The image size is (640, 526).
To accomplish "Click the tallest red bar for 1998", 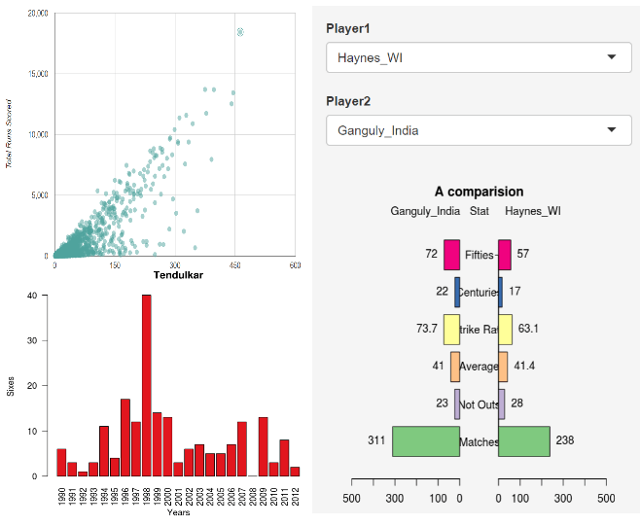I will (x=147, y=385).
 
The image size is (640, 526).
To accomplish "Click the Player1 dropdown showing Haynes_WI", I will (x=478, y=57).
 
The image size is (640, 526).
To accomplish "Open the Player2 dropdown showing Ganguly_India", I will (x=478, y=129).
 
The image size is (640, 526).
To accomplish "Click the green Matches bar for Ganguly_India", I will (x=426, y=441).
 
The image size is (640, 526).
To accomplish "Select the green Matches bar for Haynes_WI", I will (x=524, y=441).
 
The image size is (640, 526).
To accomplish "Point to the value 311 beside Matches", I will (x=374, y=441).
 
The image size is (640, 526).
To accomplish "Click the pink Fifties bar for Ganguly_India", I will (x=451, y=254).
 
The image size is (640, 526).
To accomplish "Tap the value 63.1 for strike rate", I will (x=529, y=329).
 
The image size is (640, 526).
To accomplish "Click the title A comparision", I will (x=479, y=192).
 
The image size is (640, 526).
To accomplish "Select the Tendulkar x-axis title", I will (x=174, y=276).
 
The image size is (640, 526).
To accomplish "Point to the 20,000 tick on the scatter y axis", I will (x=38, y=14).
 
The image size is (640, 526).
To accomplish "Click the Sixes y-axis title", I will (x=11, y=386).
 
